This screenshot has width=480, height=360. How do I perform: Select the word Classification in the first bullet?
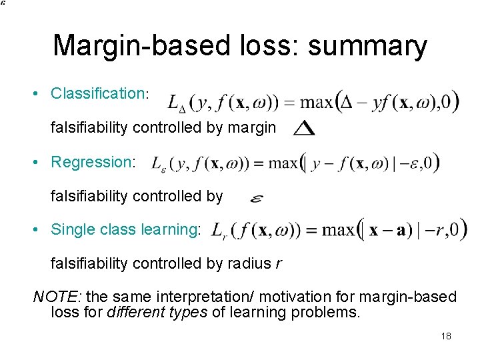click(x=97, y=93)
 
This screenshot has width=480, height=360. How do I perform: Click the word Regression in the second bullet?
click(x=93, y=162)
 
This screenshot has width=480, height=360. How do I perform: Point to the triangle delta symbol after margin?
click(x=304, y=127)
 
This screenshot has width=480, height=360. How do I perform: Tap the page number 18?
click(x=446, y=336)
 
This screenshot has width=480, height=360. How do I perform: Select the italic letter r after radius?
click(x=277, y=264)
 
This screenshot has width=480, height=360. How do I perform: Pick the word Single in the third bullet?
click(x=69, y=230)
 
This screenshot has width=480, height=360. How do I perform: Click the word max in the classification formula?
click(x=318, y=103)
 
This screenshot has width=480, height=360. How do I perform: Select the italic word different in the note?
click(x=133, y=313)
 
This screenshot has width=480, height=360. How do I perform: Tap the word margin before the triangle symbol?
click(x=251, y=127)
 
